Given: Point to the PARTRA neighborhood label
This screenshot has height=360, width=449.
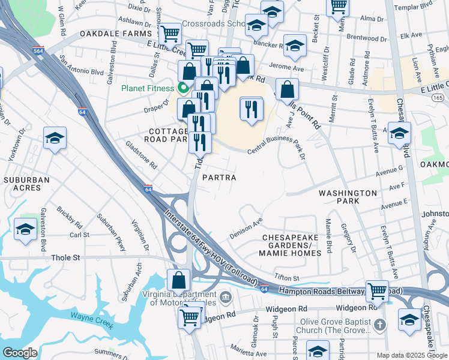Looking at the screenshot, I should point(218,178).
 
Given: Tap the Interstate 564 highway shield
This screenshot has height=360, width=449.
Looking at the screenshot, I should point(38,50).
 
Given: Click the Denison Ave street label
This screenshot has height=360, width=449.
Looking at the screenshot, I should point(246,228).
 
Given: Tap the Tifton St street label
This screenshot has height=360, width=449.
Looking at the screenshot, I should point(286,278).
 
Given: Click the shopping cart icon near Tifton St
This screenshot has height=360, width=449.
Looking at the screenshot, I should point(378,291).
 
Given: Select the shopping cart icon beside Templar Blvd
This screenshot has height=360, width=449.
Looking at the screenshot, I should point(338,7).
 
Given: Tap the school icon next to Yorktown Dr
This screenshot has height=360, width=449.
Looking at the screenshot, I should point(55,139).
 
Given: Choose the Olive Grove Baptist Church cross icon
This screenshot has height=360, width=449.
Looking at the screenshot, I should point(379,325).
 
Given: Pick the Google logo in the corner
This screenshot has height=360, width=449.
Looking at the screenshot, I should point(20,353).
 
